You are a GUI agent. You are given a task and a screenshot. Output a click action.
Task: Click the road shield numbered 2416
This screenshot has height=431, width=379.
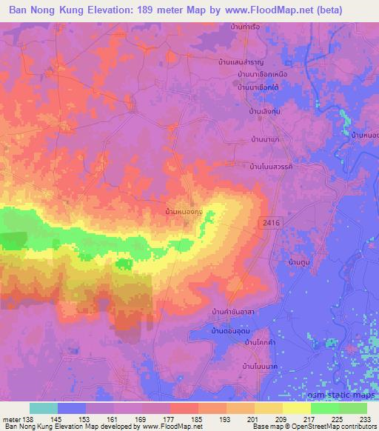pyautogui.click(x=269, y=222)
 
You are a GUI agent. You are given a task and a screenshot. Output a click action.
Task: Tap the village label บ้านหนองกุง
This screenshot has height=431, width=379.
pyautogui.click(x=185, y=212)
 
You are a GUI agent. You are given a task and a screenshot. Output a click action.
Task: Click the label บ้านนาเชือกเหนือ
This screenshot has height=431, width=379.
pyautogui.click(x=262, y=75)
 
